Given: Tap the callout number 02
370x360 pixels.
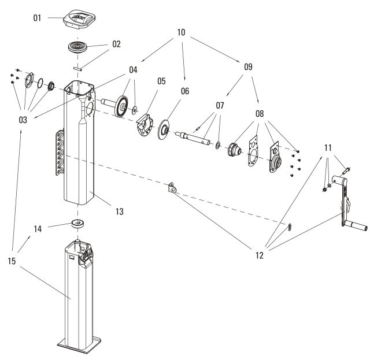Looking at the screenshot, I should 116,43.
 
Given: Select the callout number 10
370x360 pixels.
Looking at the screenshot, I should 180,32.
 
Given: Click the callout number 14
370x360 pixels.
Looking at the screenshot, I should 38,229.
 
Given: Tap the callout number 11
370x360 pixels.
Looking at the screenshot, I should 328,149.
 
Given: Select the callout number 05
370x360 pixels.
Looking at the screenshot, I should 161,81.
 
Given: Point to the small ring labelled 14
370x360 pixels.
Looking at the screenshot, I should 77,223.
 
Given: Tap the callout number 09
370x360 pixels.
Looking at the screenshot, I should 248,67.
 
